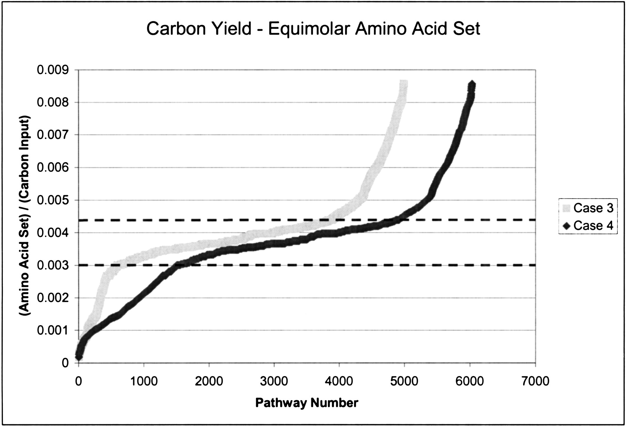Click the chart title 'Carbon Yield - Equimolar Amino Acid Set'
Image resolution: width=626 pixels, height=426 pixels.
pyautogui.click(x=313, y=28)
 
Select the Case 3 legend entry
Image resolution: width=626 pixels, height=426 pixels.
pyautogui.click(x=588, y=208)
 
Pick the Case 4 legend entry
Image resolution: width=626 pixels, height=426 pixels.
pyautogui.click(x=588, y=226)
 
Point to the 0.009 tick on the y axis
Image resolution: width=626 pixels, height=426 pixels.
pyautogui.click(x=56, y=70)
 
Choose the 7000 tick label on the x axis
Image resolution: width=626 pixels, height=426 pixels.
pyautogui.click(x=535, y=381)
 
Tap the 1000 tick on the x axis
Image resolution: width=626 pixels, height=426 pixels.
pyautogui.click(x=144, y=381)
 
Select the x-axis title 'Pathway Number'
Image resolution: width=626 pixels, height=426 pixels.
pyautogui.click(x=307, y=403)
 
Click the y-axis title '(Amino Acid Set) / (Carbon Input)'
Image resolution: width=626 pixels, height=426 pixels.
pyautogui.click(x=24, y=216)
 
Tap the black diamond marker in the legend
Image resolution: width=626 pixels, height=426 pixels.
pyautogui.click(x=566, y=226)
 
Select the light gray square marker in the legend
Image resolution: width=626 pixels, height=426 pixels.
pyautogui.click(x=566, y=208)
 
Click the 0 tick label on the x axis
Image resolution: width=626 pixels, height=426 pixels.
pyautogui.click(x=78, y=381)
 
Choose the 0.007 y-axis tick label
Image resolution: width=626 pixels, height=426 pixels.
pyautogui.click(x=56, y=135)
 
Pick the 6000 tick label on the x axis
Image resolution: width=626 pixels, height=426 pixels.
pyautogui.click(x=470, y=381)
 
